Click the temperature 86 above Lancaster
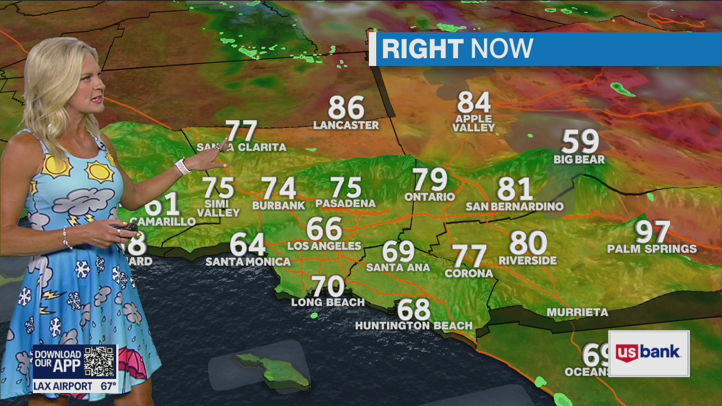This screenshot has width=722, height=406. pyautogui.click(x=346, y=107)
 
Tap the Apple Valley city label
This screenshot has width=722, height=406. pyautogui.click(x=474, y=123)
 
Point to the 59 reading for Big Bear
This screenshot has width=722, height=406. pyautogui.click(x=580, y=142)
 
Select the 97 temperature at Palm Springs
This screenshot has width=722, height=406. pyautogui.click(x=653, y=232)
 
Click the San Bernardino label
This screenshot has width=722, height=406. pyautogui.click(x=514, y=206)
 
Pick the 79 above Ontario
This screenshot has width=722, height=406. pyautogui.click(x=430, y=180)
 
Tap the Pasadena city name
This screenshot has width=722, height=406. pyautogui.click(x=345, y=203)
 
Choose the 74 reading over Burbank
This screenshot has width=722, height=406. pyautogui.click(x=279, y=188)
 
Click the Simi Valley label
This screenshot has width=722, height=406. pyautogui.click(x=218, y=208)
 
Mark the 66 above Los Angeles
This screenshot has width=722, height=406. pyautogui.click(x=324, y=229)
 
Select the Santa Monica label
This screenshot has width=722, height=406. pyautogui.click(x=248, y=262)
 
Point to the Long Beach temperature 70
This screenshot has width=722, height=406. pyautogui.click(x=328, y=286)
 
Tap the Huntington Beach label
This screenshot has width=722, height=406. pyautogui.click(x=413, y=325)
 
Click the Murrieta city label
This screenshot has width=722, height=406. pyautogui.click(x=577, y=312)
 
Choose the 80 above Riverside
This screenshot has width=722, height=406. pyautogui.click(x=528, y=243)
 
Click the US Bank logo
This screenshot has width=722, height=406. pyautogui.click(x=649, y=354)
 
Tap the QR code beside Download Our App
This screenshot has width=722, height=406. pyautogui.click(x=99, y=361)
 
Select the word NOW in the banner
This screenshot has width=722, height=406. pyautogui.click(x=501, y=49)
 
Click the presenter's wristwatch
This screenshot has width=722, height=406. pyautogui.click(x=182, y=166)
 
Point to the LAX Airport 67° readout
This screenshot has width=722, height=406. pyautogui.click(x=74, y=386)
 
